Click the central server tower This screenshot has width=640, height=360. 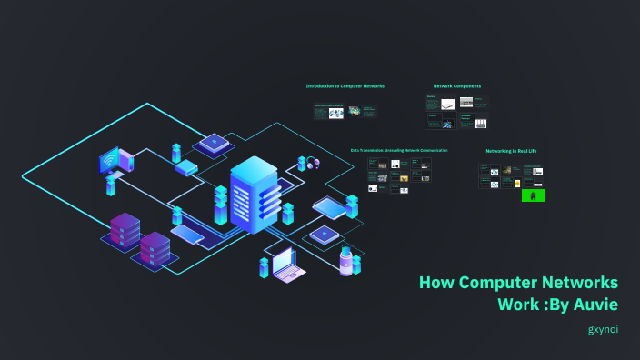253,194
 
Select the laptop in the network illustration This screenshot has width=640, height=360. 288,266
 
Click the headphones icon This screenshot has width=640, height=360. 314,164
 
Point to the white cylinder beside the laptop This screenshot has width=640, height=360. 345,262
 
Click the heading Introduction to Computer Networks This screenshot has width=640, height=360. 345,86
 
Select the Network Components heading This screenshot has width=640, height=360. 457,86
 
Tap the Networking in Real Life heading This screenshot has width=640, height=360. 512,150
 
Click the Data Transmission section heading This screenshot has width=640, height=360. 399,150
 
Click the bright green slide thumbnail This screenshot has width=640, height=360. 534,195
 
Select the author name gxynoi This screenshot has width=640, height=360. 603,329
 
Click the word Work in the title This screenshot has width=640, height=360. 518,304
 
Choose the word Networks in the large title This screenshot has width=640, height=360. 582,282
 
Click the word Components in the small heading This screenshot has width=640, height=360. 467,86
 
